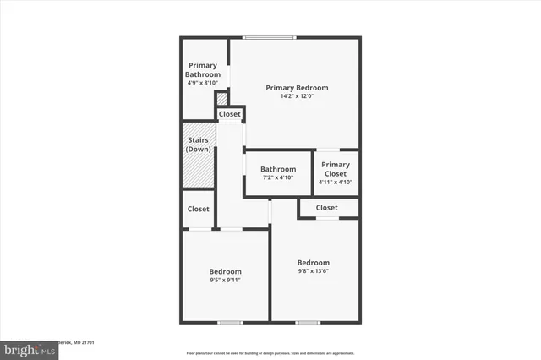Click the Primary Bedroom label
coord(297,88)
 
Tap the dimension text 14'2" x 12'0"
coord(297,96)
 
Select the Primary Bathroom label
coord(203,70)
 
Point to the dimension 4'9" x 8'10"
coord(203,83)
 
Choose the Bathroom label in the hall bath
coord(278,169)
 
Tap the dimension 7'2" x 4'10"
coord(278,177)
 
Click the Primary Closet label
coord(336,169)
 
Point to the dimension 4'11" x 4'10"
coord(336,182)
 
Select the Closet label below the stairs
coord(199,209)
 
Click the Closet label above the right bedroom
coord(327,208)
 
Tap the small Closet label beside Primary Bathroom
coord(230,114)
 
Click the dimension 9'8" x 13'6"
coord(314,271)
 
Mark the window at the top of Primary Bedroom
coord(270,36)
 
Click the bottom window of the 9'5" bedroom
coord(230,322)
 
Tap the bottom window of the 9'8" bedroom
coord(308,322)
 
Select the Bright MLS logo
coord(25,349)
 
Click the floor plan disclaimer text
coord(270,352)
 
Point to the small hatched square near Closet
coord(222,99)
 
